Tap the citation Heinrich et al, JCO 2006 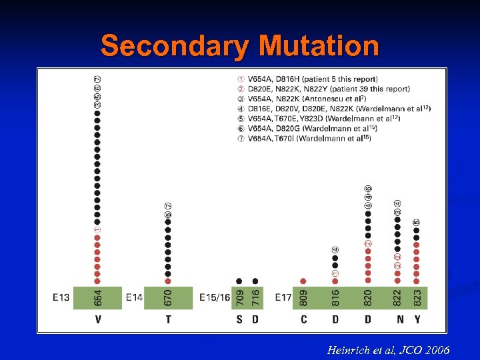(388, 350)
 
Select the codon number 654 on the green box (97, 297)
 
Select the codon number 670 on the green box (168, 297)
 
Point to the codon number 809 (303, 297)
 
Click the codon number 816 (335, 297)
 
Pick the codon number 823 (417, 297)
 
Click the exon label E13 (61, 297)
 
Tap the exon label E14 (133, 297)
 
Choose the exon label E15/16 (215, 297)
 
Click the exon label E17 (283, 297)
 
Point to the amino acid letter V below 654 (97, 320)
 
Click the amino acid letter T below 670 (168, 320)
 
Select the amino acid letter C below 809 (303, 320)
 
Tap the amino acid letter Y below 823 (417, 320)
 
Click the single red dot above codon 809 (303, 281)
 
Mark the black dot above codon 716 (255, 281)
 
